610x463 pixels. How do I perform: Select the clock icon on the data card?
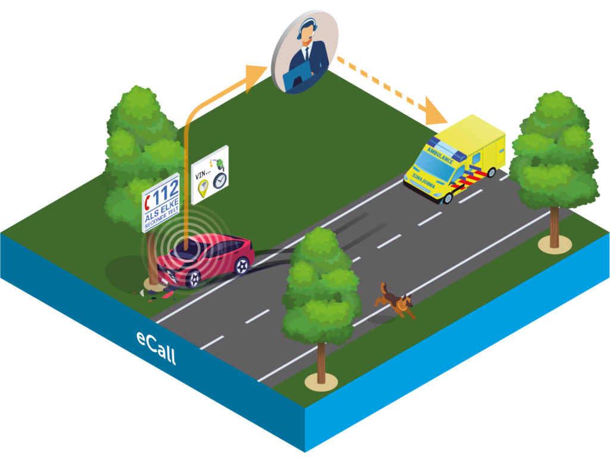tap(220, 180)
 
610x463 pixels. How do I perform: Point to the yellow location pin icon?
tap(203, 190)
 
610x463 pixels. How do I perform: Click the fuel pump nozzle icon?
tap(220, 162)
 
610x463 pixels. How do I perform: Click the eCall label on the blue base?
tap(156, 348)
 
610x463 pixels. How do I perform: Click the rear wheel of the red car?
tap(241, 265)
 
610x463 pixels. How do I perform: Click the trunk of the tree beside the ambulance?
tap(554, 226)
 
